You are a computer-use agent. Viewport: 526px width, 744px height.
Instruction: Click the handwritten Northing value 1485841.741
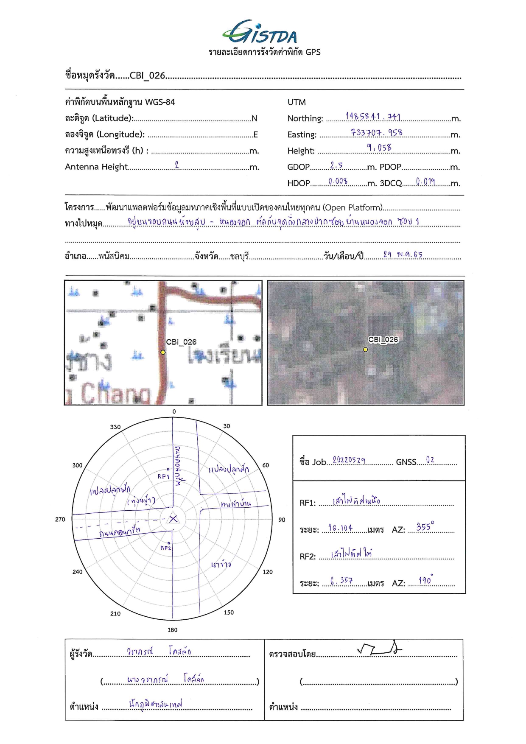[373, 116]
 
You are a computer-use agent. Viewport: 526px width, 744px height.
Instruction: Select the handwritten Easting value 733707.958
[376, 132]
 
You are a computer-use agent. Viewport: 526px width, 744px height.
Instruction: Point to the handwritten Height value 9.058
[379, 148]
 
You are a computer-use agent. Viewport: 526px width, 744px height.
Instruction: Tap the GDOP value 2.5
[336, 165]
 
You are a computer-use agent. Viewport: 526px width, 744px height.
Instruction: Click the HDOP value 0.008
[338, 182]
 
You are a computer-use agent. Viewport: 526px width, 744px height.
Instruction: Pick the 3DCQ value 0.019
[425, 182]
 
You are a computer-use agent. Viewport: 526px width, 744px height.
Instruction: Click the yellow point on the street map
[163, 352]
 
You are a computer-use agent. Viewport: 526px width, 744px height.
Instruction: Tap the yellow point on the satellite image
[365, 350]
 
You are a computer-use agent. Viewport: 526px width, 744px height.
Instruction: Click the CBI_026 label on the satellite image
[383, 339]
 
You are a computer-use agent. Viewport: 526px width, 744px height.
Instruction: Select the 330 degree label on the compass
[115, 427]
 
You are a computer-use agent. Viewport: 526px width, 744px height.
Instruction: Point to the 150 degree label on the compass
[229, 612]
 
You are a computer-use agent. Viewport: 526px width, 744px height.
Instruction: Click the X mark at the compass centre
[173, 518]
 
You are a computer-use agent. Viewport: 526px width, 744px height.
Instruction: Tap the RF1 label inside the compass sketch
[163, 476]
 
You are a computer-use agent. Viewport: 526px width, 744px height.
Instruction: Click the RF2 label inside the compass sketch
[165, 548]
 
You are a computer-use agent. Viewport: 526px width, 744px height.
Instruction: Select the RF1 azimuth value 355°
[425, 527]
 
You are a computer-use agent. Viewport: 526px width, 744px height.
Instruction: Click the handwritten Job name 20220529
[349, 460]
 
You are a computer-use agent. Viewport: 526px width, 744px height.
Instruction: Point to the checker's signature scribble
[379, 649]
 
